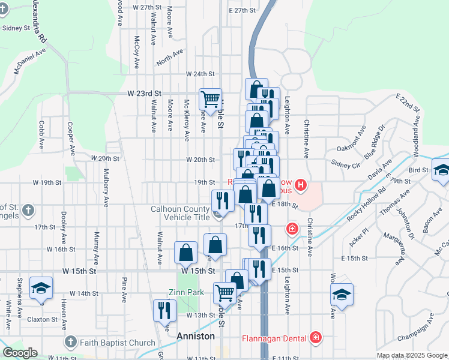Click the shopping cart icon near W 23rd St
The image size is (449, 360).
click(x=210, y=99)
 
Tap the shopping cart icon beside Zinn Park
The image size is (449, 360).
click(x=224, y=293)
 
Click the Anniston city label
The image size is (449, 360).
click(x=196, y=337)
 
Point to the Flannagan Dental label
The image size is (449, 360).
click(x=275, y=337)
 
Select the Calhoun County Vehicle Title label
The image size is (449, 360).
click(x=180, y=213)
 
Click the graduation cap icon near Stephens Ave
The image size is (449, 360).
click(x=41, y=287)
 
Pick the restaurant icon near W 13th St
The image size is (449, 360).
click(x=164, y=311)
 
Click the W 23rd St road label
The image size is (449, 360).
click(x=145, y=94)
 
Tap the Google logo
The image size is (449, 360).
click(x=20, y=353)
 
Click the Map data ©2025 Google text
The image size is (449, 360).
click(x=411, y=355)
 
